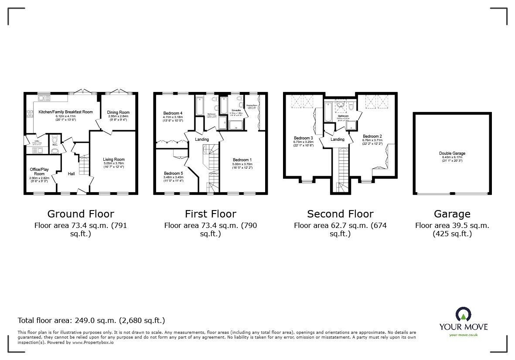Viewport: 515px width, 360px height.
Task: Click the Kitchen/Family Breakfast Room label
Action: (x=66, y=112)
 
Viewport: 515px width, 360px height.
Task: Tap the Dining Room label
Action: (x=118, y=112)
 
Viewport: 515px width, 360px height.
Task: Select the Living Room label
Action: (x=114, y=160)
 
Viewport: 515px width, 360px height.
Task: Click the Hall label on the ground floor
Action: (x=72, y=174)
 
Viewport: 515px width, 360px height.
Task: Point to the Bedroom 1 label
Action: (x=242, y=160)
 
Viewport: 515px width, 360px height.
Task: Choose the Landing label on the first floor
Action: (x=201, y=139)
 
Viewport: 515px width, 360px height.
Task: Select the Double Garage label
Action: (x=452, y=153)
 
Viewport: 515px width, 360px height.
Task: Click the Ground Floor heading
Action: (x=81, y=214)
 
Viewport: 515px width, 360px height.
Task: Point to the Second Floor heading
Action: (x=340, y=214)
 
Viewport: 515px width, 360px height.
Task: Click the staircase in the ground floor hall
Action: (x=84, y=166)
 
